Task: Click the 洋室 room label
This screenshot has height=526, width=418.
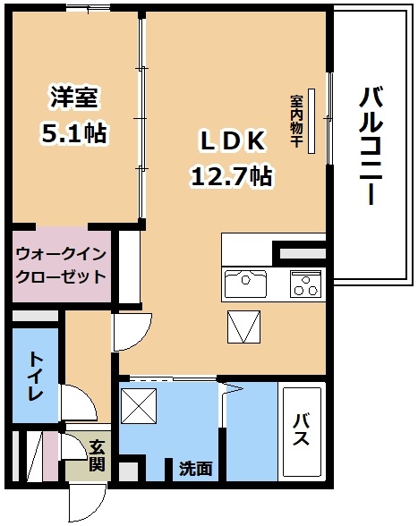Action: (74, 98)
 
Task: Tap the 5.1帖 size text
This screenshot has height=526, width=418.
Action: (74, 133)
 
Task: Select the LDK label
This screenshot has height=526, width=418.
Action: (233, 141)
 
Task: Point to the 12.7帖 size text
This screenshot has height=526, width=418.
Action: (232, 176)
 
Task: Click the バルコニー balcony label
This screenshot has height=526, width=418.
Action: (371, 145)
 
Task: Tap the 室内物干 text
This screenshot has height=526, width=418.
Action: (297, 121)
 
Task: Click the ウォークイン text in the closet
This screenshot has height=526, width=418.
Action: (61, 254)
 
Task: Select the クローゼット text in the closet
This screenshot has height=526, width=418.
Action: (61, 276)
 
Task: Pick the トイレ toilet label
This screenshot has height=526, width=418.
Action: (36, 376)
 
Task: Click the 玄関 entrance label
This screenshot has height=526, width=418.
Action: (97, 454)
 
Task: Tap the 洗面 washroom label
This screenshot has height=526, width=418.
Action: (196, 469)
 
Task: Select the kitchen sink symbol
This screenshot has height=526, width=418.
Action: (246, 284)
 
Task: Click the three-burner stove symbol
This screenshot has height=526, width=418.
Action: (305, 284)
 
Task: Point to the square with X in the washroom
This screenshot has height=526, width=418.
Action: (139, 405)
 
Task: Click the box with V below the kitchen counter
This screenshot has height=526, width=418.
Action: (244, 327)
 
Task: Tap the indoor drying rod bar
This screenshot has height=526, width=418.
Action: (311, 121)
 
